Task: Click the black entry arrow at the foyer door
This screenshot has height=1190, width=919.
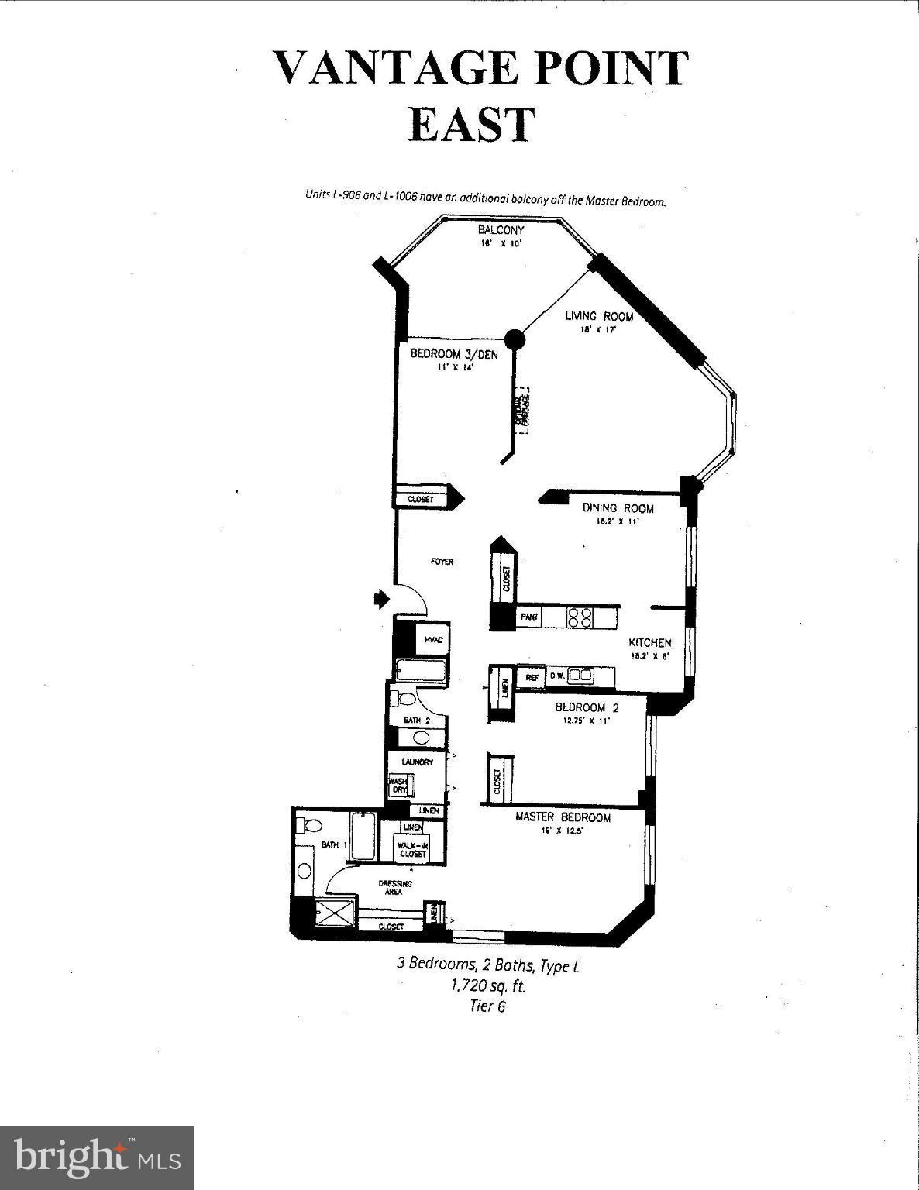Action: [380, 598]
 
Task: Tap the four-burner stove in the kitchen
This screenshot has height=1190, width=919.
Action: [580, 617]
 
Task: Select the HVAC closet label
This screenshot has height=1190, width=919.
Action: [432, 640]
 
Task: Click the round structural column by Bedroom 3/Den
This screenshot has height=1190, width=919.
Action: [514, 339]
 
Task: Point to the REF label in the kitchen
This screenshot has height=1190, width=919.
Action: [532, 676]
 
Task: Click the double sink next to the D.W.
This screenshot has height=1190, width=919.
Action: [580, 676]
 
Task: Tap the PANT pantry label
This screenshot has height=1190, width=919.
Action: [530, 617]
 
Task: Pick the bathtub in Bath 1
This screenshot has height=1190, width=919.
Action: [363, 837]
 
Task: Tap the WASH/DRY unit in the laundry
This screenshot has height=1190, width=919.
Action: [399, 786]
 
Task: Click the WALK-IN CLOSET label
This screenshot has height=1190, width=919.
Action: [413, 849]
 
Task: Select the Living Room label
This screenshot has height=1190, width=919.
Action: [598, 316]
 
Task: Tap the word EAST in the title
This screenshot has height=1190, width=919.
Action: [472, 125]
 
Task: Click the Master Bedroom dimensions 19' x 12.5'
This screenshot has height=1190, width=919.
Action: [563, 831]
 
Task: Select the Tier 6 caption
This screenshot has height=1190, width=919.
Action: [487, 1006]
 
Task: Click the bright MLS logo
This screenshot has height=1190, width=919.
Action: [97, 1157]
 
